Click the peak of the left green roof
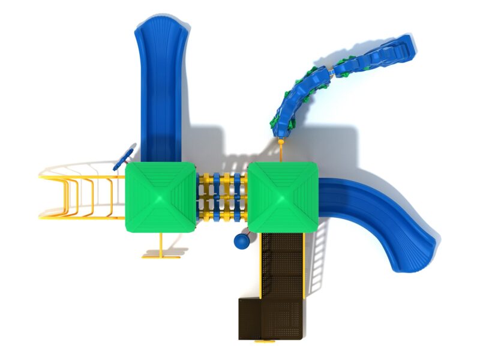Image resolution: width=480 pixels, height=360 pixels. pos(161,197)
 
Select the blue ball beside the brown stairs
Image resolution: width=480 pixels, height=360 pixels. pos(241,241)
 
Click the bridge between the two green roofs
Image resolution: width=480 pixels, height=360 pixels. pos(222,197)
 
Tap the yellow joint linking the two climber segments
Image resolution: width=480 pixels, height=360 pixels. pos(329,72)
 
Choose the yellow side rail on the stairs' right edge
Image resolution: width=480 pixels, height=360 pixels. pos(305,264)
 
